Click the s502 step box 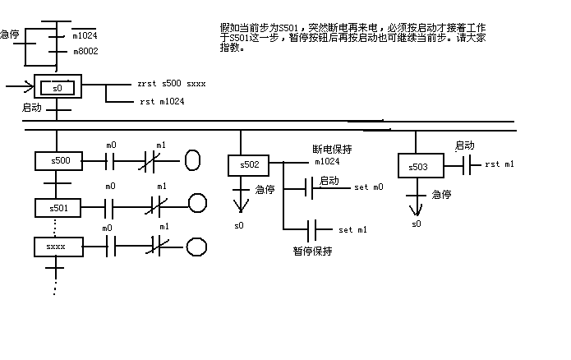[249, 165]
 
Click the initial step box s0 [58, 87]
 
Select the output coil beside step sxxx [196, 246]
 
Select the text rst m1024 [162, 102]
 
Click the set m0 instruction [368, 187]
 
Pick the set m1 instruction [352, 229]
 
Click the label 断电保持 [332, 150]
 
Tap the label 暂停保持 [312, 252]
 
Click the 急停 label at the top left [11, 35]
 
